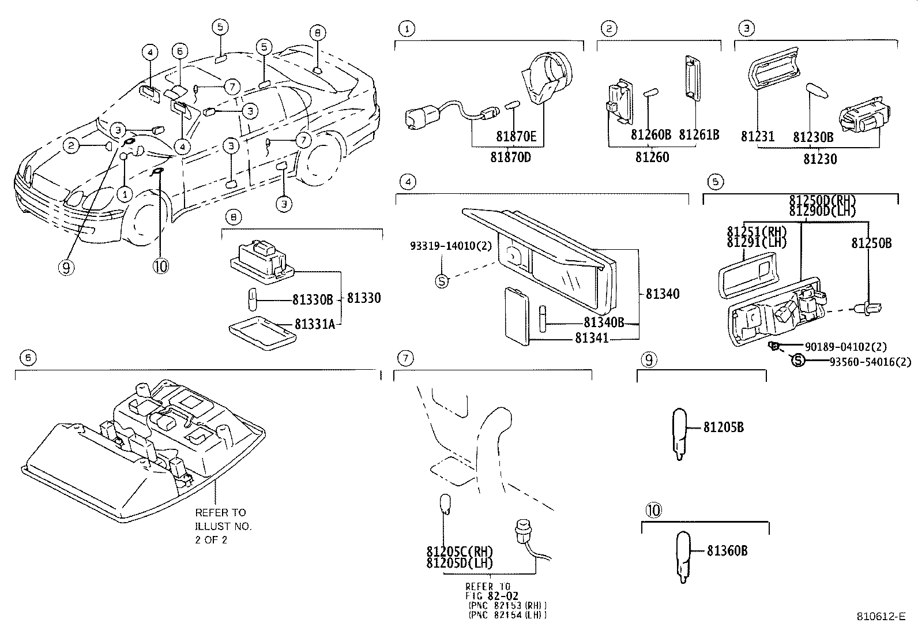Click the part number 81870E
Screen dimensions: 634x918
tap(516, 137)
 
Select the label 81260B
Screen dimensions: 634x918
tap(651, 135)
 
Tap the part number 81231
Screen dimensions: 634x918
tap(757, 137)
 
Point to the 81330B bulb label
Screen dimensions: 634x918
tap(313, 299)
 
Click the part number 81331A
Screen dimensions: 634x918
tap(315, 325)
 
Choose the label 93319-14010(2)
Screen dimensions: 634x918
tap(451, 245)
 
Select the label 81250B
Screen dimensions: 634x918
tap(871, 243)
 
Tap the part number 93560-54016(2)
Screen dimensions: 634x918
tap(870, 362)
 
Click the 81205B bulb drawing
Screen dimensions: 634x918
tap(681, 434)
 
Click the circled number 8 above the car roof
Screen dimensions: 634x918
tap(317, 33)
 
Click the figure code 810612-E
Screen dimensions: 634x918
tap(881, 616)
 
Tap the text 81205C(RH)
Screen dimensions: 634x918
tap(460, 552)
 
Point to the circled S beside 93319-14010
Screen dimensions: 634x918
tap(442, 282)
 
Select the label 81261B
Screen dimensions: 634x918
tap(699, 135)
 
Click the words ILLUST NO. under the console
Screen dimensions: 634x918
tap(223, 526)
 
